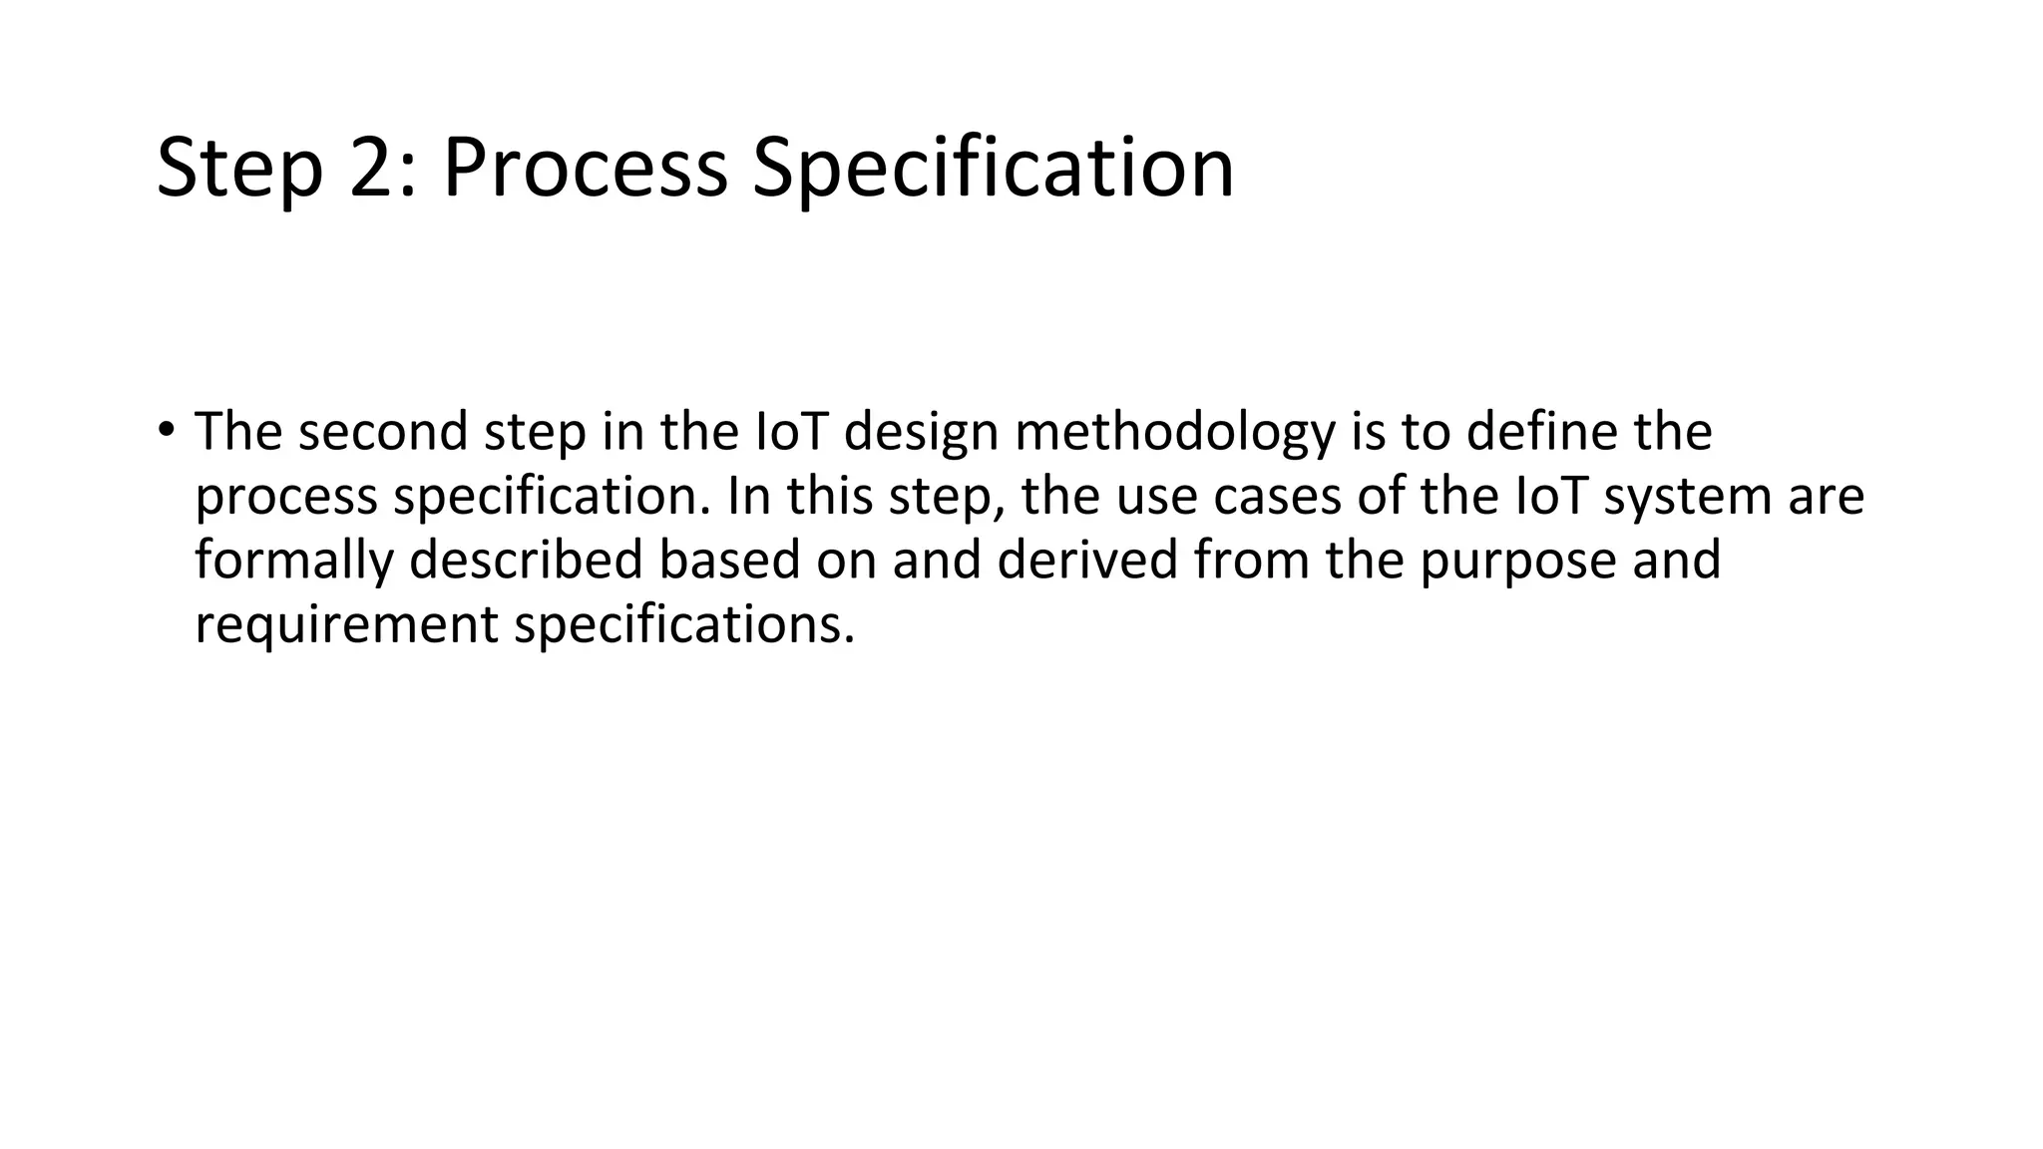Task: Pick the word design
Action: pyautogui.click(x=921, y=433)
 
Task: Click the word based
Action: pyautogui.click(x=729, y=561)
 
